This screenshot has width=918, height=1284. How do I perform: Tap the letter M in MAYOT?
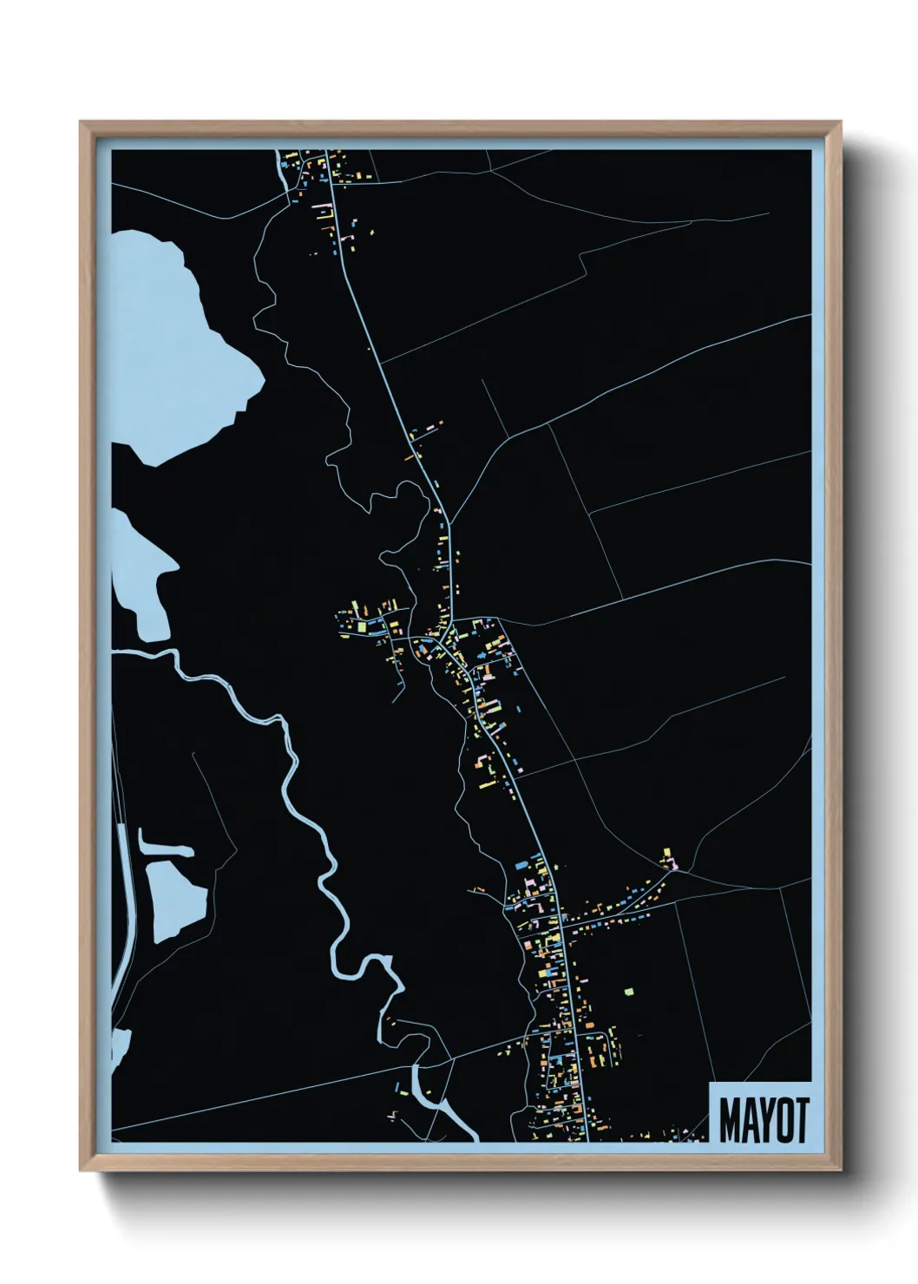click(x=729, y=1120)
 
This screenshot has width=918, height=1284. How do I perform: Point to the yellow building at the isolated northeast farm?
click(x=666, y=852)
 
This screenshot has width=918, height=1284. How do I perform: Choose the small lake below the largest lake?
click(x=139, y=573)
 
